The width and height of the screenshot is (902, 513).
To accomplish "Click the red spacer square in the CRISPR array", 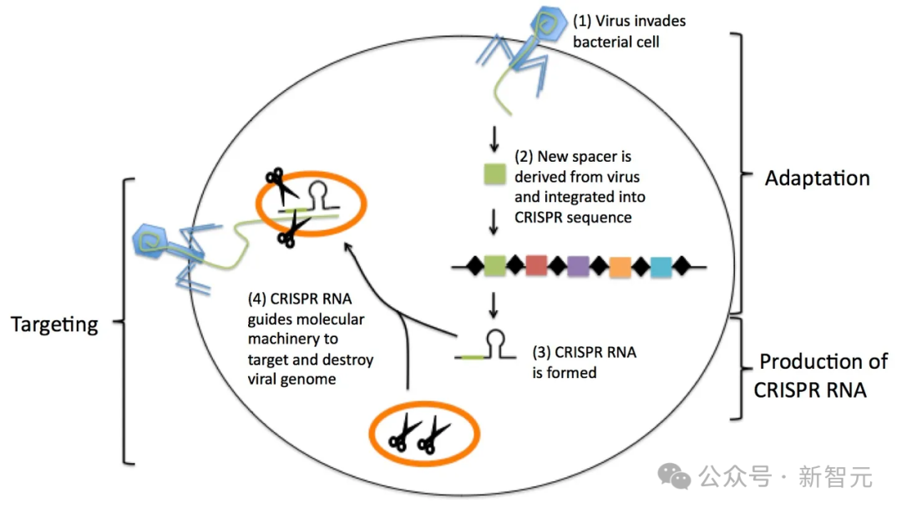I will point(536,266).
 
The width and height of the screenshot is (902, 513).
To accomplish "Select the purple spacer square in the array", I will point(578,266).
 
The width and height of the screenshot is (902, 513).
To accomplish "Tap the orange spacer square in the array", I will point(620,266).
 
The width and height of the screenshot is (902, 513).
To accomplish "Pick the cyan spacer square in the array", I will point(661,266).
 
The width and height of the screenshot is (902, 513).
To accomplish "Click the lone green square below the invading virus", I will point(494,175).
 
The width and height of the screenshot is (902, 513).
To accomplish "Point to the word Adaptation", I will point(817,179).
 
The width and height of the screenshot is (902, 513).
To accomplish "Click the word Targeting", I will point(54,324).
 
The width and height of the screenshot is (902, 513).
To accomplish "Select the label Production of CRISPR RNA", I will point(822,375).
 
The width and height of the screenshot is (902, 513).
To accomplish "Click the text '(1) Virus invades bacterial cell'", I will point(628,30).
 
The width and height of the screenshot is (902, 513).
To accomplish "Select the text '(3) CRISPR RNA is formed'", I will point(584,362).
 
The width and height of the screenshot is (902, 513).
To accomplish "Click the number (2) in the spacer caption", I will point(524,156).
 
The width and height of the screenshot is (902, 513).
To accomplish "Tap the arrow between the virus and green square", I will point(494,136).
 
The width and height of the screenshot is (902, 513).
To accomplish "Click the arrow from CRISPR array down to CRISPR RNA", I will point(494,304).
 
